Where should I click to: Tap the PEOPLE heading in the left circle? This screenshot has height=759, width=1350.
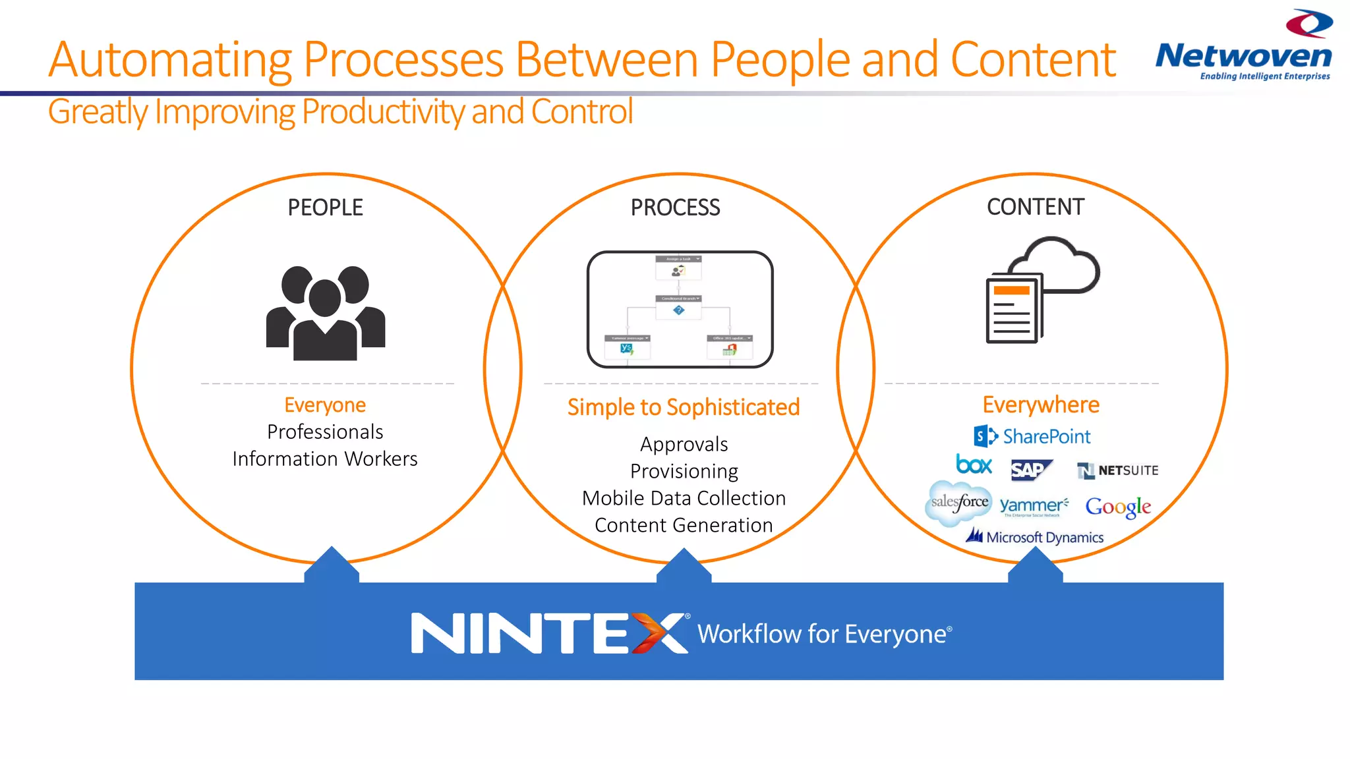point(325,208)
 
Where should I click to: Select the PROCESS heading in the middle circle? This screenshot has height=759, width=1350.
point(675,208)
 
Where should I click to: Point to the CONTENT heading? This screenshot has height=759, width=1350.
point(1035,207)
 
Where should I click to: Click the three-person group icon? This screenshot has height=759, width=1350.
point(326,312)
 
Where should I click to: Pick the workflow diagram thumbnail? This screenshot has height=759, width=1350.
point(680,309)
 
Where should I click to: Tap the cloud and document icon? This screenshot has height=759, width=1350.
point(1042,290)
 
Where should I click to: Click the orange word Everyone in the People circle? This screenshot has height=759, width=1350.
point(325,405)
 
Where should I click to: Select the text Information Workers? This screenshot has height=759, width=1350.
point(325,459)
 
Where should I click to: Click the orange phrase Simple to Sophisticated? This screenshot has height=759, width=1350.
point(684,407)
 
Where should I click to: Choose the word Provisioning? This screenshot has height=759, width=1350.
point(684,471)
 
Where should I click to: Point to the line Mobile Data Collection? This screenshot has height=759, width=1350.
point(684,498)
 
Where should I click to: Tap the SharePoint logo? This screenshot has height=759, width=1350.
point(1032,436)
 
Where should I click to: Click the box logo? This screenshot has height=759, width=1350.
point(974,465)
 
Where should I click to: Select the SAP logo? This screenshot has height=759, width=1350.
point(1030,470)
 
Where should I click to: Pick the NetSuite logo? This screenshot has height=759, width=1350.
point(1117,470)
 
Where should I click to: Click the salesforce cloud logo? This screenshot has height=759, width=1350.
point(959,503)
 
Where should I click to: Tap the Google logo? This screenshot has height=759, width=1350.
point(1118,507)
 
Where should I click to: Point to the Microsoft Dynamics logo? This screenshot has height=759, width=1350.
point(1035,537)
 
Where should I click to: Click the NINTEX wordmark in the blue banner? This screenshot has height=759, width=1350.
point(550,633)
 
